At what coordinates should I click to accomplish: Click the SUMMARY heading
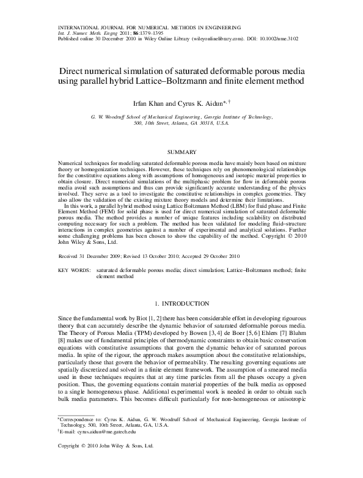pyautogui.click(x=182, y=152)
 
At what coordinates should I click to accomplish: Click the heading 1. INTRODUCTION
pyautogui.click(x=182, y=303)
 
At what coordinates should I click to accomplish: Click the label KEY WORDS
pyautogui.click(x=76, y=269)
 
